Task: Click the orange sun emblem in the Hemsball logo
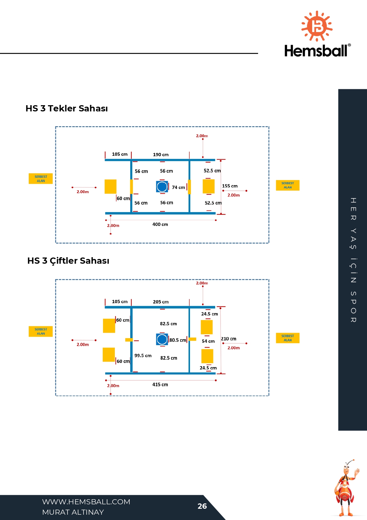317,26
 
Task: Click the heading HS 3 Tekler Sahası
67,108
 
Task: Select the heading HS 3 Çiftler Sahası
68,261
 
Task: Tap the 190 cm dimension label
161,155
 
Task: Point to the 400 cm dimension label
160,224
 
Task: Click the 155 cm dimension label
230,186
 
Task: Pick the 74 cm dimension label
178,187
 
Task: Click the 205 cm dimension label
161,302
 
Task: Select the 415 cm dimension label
160,385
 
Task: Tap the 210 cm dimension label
228,339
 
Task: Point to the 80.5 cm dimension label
178,340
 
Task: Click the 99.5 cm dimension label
143,356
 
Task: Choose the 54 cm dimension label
208,341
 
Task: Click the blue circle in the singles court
162,187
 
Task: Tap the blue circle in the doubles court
162,340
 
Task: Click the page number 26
202,506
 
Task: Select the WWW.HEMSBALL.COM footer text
86,502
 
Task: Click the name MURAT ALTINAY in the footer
73,512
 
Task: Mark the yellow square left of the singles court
110,187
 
